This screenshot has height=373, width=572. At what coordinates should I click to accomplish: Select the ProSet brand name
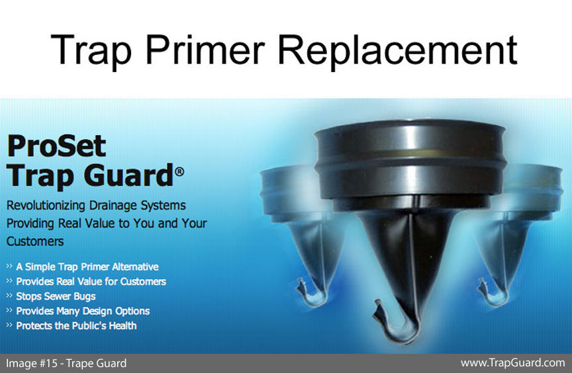coord(56,145)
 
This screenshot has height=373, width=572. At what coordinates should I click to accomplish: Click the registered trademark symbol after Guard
coord(179,171)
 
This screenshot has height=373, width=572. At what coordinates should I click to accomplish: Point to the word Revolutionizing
coord(46,206)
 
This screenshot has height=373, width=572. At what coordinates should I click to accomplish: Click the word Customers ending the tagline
coord(35,241)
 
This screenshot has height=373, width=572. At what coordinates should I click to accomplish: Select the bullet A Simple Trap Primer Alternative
coord(87,267)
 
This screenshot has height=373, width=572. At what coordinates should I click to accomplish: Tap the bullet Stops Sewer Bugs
coord(56,296)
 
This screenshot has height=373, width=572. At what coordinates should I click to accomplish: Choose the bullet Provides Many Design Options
coord(83,311)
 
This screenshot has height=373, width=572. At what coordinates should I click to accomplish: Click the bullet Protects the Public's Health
coord(76,325)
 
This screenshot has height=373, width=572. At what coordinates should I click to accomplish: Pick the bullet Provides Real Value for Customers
coord(91,281)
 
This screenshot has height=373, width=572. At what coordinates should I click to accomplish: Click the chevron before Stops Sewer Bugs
coord(9,296)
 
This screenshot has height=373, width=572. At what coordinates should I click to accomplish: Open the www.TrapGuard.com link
coord(512,363)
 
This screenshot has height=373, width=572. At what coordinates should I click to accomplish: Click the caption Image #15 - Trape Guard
coord(66,363)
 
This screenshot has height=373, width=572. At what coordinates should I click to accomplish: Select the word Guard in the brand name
coord(128,175)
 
